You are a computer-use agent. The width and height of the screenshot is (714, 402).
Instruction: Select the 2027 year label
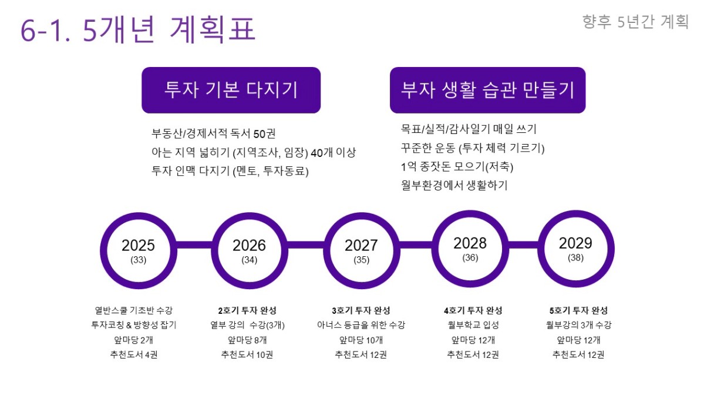point(361,245)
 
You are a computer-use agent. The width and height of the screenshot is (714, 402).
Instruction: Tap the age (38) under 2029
point(575,257)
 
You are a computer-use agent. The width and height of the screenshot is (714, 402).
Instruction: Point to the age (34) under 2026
point(250,260)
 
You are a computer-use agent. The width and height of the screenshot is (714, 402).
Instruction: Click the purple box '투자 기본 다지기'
point(231,90)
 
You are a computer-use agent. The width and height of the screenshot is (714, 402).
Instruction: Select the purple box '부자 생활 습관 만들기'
point(488,90)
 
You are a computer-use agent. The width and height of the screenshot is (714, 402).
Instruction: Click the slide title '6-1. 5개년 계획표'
point(138,29)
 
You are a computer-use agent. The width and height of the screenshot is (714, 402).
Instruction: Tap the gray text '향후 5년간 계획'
point(635,22)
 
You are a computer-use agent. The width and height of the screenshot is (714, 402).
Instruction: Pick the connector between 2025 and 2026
point(194,244)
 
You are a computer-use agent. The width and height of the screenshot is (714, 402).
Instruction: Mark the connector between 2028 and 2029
point(523,244)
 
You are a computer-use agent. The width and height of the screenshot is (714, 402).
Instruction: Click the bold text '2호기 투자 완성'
point(247,310)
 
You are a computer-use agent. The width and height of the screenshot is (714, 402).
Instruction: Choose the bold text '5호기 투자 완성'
point(578,310)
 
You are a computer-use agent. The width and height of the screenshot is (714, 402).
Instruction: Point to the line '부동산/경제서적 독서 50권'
point(214,133)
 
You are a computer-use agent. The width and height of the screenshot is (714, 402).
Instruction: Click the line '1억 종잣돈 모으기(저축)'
point(457,166)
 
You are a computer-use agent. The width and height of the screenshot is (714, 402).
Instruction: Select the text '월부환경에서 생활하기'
point(454,185)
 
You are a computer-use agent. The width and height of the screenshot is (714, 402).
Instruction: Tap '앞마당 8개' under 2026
point(247,340)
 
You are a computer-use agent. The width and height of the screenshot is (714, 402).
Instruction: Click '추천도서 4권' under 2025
point(134,355)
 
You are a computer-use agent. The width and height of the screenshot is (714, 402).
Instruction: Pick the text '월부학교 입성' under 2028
point(473,325)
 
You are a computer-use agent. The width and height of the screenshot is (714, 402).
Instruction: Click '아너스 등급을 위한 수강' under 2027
point(361,325)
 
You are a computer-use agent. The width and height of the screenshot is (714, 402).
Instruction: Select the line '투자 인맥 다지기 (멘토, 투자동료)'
point(230,171)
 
